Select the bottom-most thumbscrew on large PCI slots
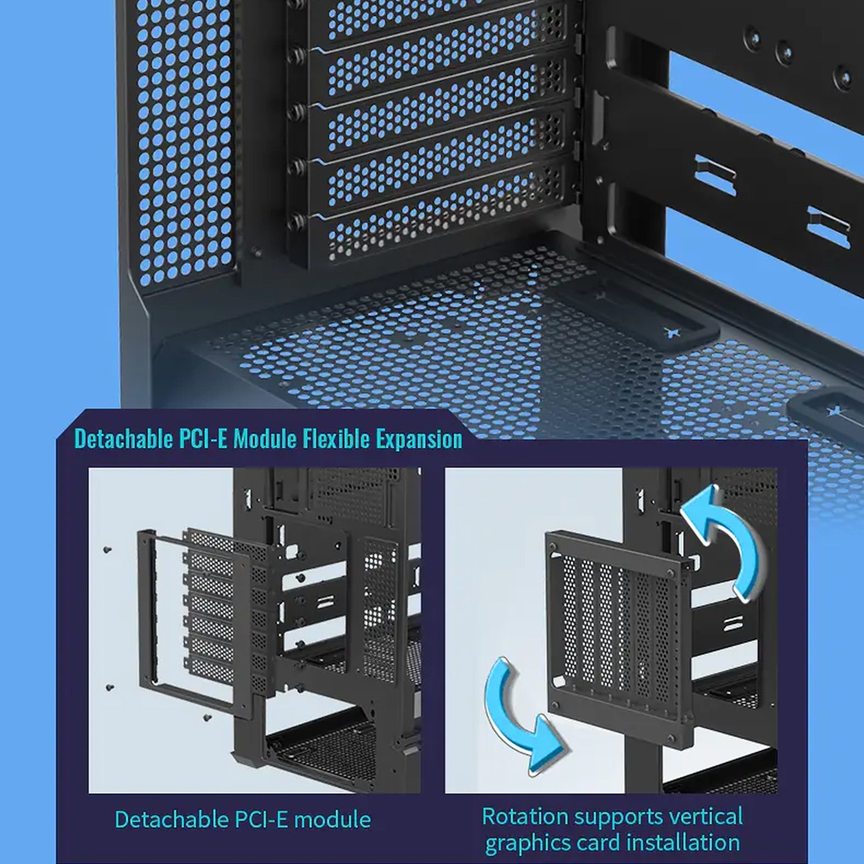coord(295,221)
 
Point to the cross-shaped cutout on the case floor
coord(672,332)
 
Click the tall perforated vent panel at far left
coord(184,143)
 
